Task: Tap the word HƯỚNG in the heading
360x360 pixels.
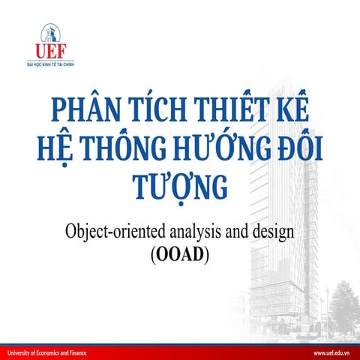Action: click(x=215, y=150)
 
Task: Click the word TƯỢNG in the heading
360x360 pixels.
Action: click(x=178, y=187)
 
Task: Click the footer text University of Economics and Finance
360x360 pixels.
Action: click(x=47, y=352)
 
